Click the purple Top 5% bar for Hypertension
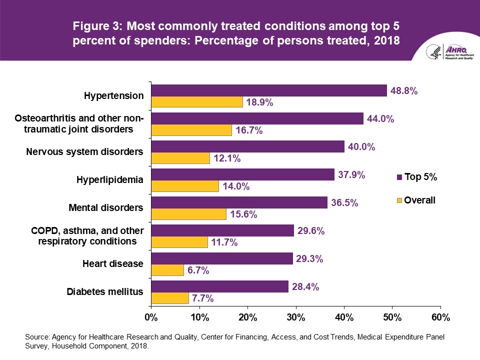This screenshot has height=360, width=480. coord(269,90)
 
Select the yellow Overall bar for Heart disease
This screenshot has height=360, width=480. coord(167,270)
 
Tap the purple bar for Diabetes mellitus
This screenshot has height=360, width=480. coord(220,286)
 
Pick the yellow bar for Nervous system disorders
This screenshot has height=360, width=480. coord(180,158)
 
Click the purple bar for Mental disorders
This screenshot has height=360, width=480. coord(239,202)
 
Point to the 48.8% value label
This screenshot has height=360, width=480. coord(403,91)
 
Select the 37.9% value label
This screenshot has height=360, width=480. coord(351,175)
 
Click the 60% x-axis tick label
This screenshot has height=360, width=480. coord(440,317)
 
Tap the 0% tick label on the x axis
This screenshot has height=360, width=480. coord(151,317)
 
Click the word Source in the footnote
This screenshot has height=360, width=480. coord(36,337)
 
